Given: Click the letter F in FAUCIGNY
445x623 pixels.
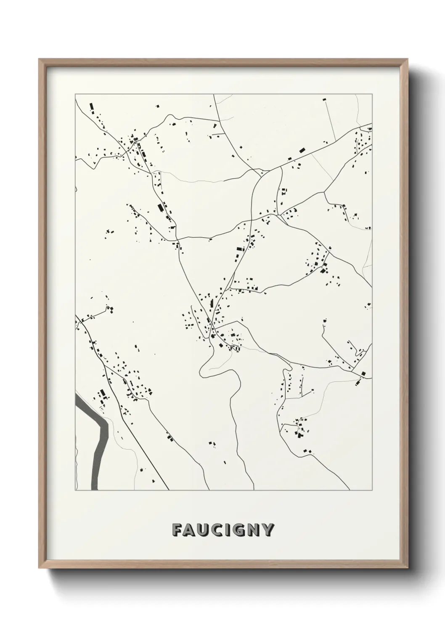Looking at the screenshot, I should tap(177, 530).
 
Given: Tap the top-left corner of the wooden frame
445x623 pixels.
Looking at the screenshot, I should tap(39, 59).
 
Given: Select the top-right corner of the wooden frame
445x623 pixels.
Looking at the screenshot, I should tap(407, 59).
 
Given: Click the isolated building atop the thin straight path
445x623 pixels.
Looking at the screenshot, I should tap(324, 99).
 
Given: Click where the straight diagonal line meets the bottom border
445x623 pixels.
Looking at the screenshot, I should tap(169, 490).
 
